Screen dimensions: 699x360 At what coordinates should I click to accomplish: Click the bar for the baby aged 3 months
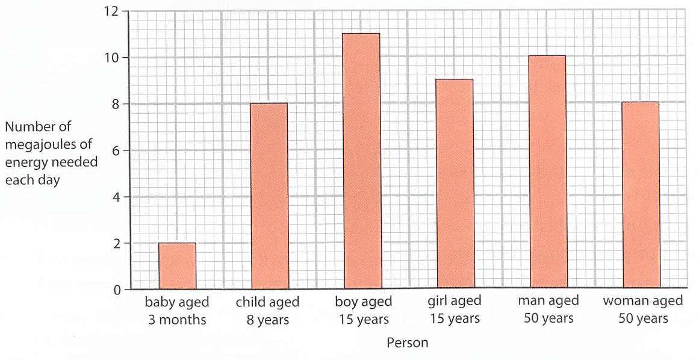pyautogui.click(x=177, y=266)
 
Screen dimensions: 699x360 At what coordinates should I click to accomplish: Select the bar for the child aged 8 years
pyautogui.click(x=269, y=196)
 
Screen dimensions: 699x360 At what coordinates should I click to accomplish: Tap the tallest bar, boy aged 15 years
pyautogui.click(x=362, y=161)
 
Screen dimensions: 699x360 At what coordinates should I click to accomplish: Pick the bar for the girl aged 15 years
pyautogui.click(x=455, y=184)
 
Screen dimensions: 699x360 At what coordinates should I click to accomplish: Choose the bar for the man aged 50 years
pyautogui.click(x=548, y=172)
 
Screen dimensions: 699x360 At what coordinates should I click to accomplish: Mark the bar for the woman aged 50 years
pyautogui.click(x=641, y=194)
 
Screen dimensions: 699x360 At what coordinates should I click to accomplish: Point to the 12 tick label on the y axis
pyautogui.click(x=111, y=11)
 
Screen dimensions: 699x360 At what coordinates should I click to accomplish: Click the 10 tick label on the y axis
pyautogui.click(x=111, y=57)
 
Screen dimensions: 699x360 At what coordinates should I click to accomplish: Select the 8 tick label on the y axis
pyautogui.click(x=116, y=104)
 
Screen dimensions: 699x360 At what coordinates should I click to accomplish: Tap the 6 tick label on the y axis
pyautogui.click(x=116, y=150)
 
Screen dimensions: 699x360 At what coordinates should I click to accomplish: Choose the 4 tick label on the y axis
pyautogui.click(x=116, y=196)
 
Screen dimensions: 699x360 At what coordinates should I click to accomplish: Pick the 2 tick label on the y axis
pyautogui.click(x=116, y=243)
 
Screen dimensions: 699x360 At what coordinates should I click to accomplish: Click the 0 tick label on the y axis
pyautogui.click(x=116, y=290)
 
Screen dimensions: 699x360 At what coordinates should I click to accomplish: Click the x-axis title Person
pyautogui.click(x=408, y=343)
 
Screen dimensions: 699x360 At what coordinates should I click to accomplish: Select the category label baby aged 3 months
pyautogui.click(x=176, y=311)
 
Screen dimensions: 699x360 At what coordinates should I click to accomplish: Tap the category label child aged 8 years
pyautogui.click(x=268, y=311)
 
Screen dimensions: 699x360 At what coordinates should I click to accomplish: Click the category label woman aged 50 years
pyautogui.click(x=643, y=309)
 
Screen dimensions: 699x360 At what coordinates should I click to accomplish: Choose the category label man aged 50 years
pyautogui.click(x=548, y=309)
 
